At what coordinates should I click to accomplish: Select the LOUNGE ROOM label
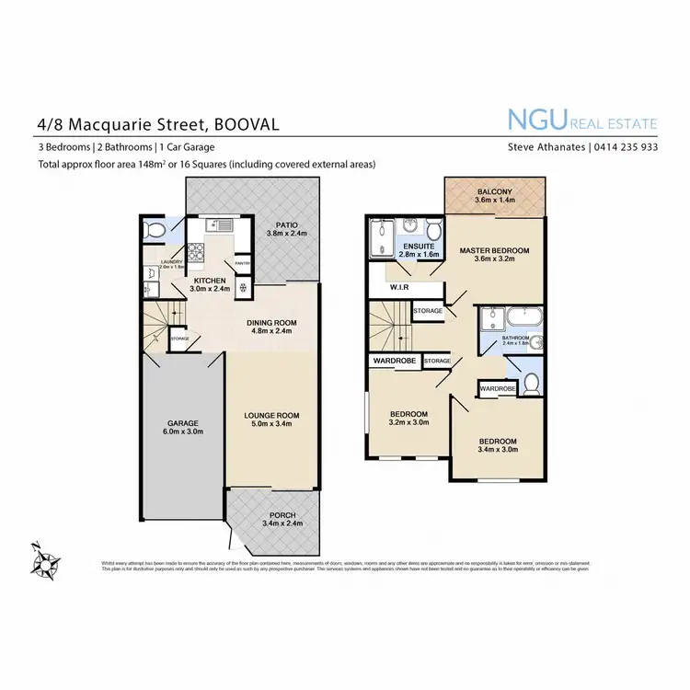tap(271, 415)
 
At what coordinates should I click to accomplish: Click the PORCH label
tap(283, 514)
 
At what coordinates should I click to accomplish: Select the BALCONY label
tap(494, 191)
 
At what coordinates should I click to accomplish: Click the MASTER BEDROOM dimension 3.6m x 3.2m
tap(494, 259)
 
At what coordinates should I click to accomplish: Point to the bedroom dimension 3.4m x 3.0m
tap(498, 451)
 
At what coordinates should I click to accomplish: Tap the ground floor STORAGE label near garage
tap(179, 339)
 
